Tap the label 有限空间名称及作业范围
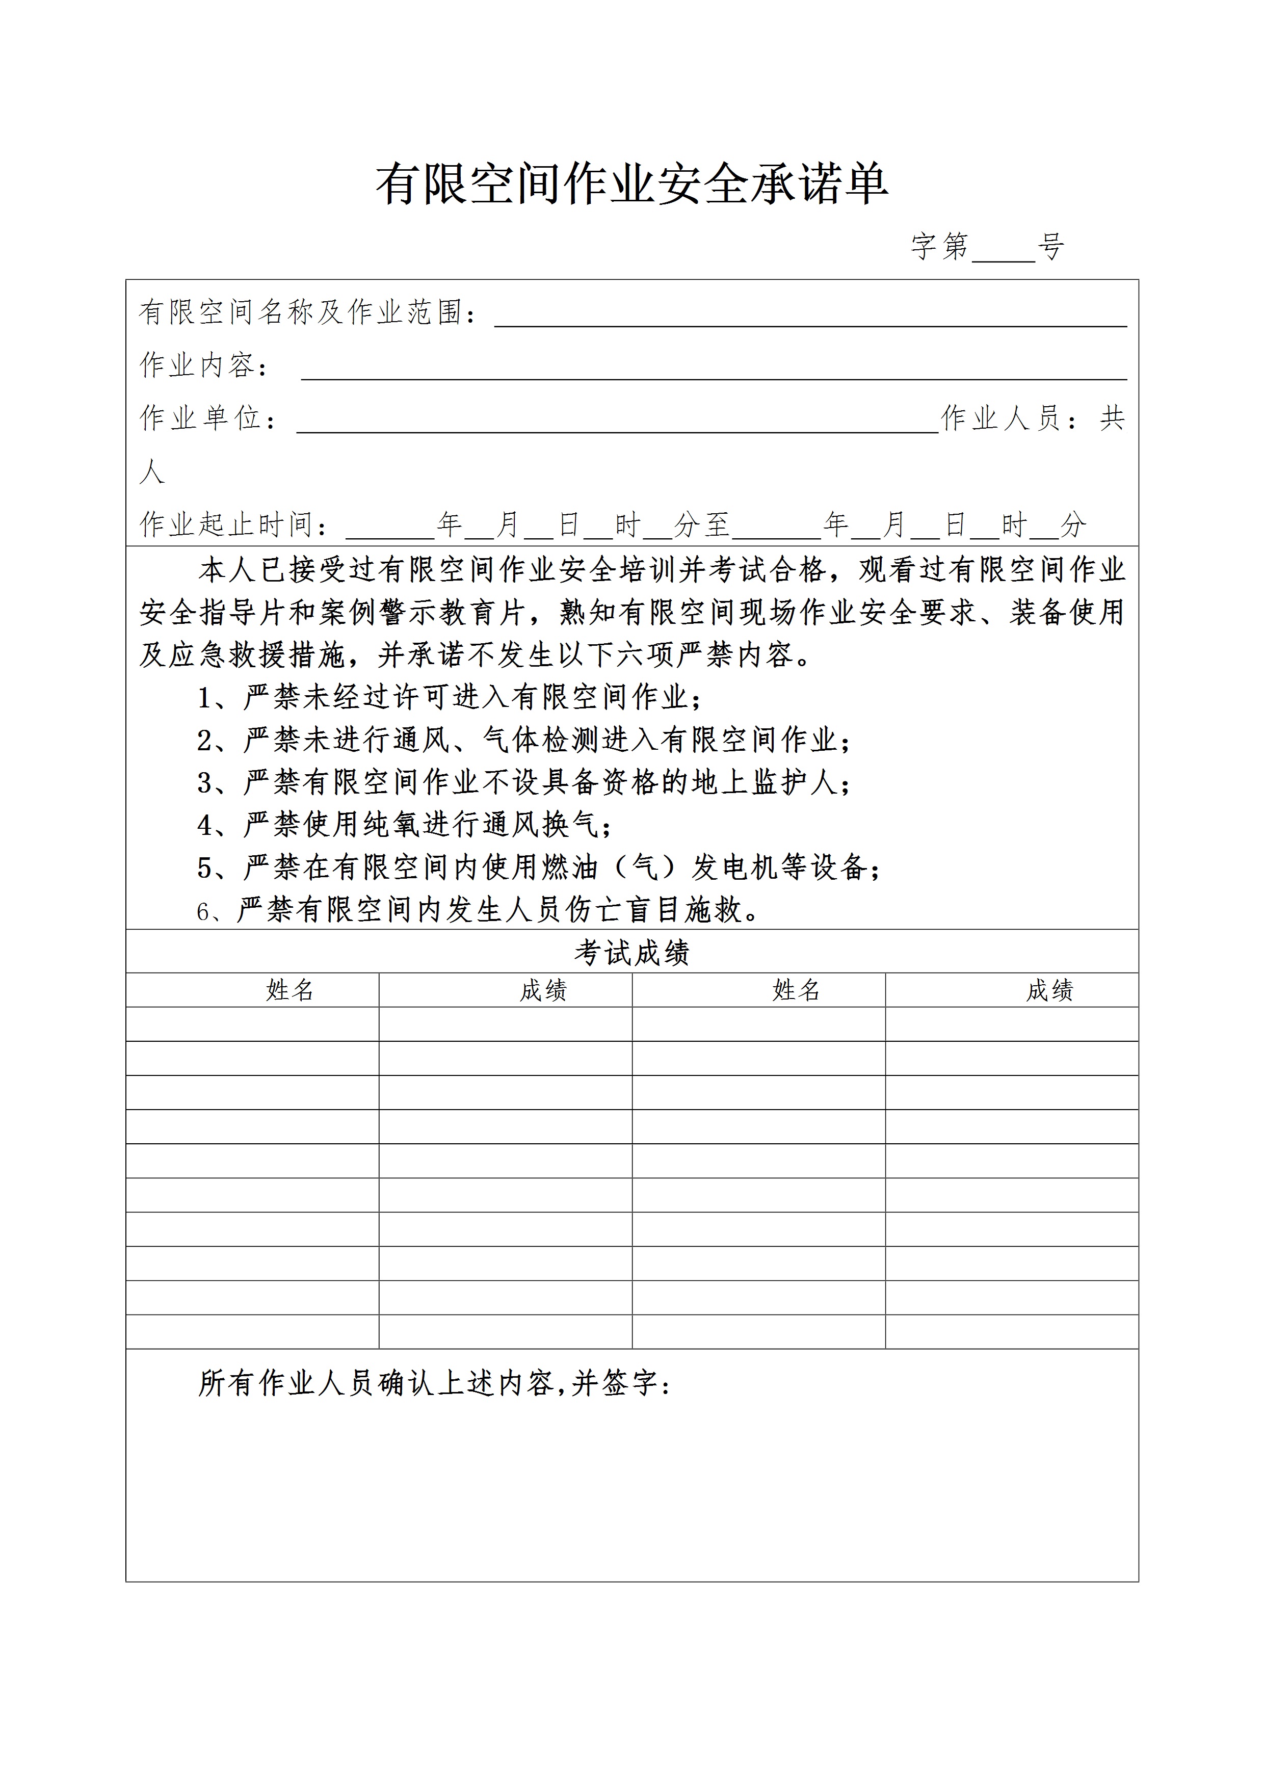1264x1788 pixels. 301,312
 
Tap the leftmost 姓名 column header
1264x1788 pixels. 289,990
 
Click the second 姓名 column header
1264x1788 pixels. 796,990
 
